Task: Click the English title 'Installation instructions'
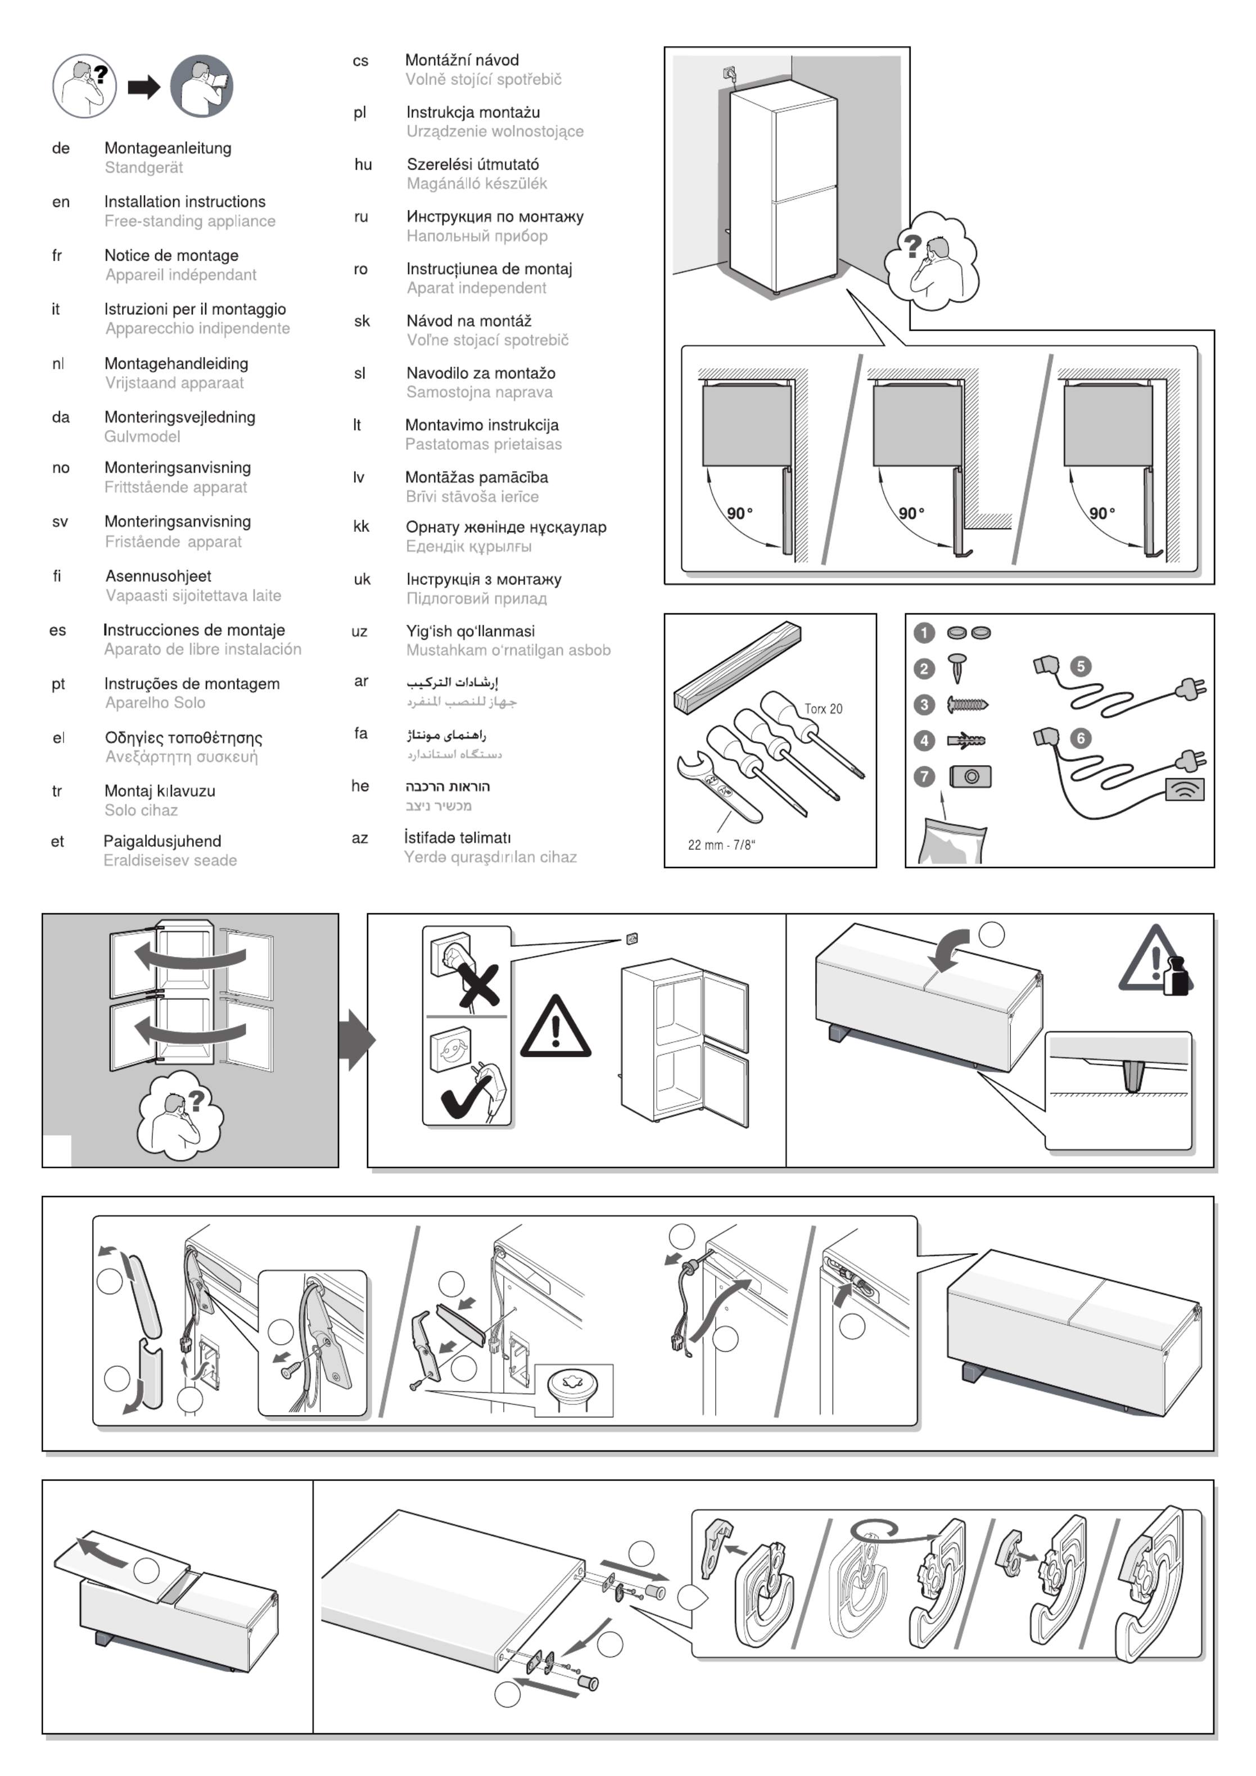pos(185,202)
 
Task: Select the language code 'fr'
pos(56,255)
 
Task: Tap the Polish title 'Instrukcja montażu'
pos(473,112)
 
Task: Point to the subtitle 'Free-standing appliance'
pos(190,221)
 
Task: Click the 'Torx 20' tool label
pos(823,708)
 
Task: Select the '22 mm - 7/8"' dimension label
pos(721,844)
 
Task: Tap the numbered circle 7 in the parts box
pos(923,776)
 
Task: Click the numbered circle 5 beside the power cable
pos(1081,667)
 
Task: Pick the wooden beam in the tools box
pos(737,666)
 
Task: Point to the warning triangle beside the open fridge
pos(555,1028)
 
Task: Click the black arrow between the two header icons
pos(144,87)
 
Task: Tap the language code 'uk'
pos(362,580)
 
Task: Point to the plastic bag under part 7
pos(953,842)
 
